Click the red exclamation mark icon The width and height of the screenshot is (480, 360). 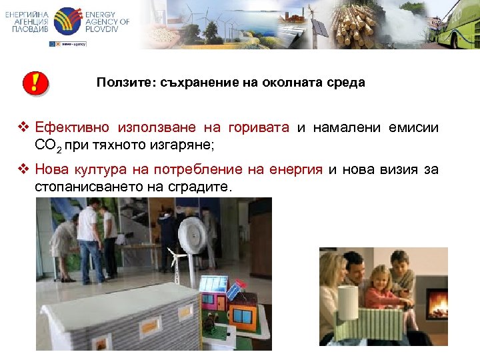click(35, 83)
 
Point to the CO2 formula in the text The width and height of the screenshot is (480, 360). click(47, 145)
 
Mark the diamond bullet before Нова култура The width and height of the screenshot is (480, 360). click(24, 170)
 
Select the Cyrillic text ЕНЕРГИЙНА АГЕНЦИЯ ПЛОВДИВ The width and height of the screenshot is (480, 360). click(27, 21)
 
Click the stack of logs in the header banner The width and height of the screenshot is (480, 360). click(354, 25)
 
